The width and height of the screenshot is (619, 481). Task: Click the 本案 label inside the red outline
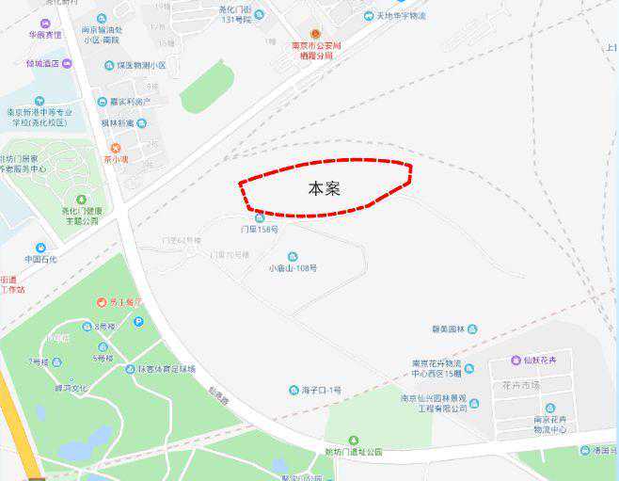click(x=324, y=188)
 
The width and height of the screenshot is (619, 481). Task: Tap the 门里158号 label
click(x=260, y=229)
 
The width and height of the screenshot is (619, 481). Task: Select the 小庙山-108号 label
click(x=293, y=267)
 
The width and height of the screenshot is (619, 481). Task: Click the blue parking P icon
click(x=139, y=322)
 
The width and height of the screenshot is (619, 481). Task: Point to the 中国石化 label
click(x=40, y=259)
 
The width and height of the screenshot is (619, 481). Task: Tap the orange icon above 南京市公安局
click(x=316, y=33)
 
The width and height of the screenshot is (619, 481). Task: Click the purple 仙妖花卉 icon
click(x=516, y=361)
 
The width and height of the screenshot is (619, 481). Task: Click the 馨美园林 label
click(x=449, y=329)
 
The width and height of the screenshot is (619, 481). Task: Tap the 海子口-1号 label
click(x=322, y=390)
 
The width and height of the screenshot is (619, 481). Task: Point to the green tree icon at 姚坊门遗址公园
click(x=353, y=441)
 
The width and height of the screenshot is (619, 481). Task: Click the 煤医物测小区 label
click(x=140, y=66)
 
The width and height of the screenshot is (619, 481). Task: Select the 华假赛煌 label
click(x=44, y=35)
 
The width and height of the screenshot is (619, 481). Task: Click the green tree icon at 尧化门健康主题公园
click(x=81, y=200)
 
